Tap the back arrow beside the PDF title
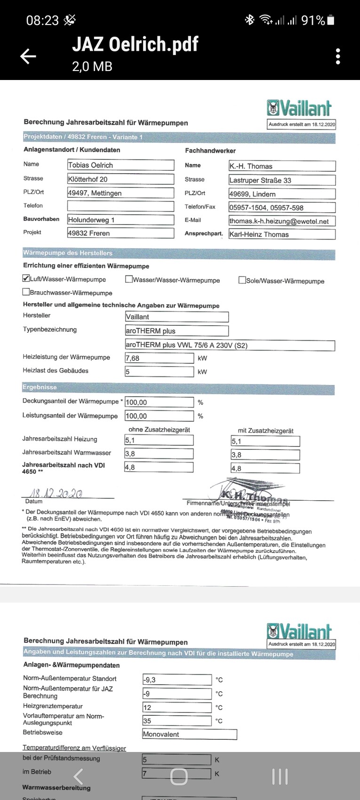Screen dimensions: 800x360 pos(28,56)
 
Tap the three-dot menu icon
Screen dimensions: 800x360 pos(338,56)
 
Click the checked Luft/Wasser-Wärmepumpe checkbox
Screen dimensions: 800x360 pos(26,278)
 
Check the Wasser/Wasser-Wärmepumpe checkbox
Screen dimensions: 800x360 pos(129,279)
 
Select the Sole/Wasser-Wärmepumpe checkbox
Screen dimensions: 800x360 pos(242,280)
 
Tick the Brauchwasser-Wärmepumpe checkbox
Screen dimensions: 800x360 pos(26,292)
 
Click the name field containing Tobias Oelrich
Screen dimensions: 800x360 pos(120,165)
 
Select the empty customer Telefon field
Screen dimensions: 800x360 pos(120,206)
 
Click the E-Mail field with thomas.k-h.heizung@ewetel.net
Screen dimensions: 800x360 pos(282,221)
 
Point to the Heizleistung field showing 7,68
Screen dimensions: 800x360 pos(159,358)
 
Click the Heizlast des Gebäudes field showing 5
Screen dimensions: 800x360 pos(159,372)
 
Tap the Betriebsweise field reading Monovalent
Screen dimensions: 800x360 pos(189,734)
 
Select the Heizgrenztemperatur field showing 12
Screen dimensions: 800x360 pos(177,707)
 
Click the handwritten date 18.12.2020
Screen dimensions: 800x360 pos(56,493)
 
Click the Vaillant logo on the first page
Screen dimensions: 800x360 pos(300,108)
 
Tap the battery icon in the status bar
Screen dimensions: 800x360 pos(331,20)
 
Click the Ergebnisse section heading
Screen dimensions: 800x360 pos(40,387)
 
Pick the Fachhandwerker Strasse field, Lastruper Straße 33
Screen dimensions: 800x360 pos(282,180)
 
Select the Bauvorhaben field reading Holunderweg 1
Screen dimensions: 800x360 pos(120,220)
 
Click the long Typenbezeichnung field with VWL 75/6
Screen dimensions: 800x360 pos(230,345)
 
